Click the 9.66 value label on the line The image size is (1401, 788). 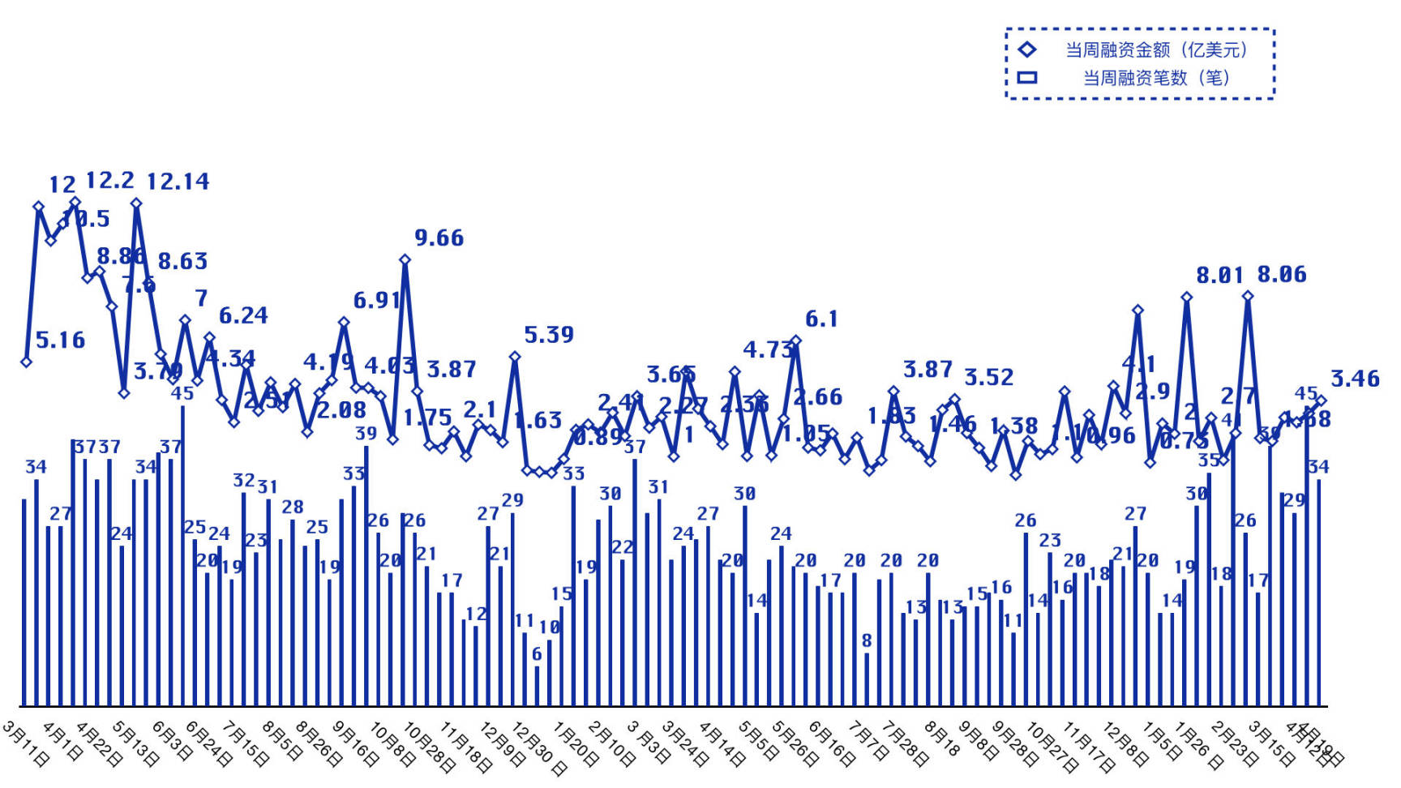[439, 238]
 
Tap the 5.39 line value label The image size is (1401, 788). [548, 335]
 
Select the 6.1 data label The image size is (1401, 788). [820, 319]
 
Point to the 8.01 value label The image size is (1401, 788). [1219, 276]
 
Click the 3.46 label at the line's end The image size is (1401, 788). [1354, 379]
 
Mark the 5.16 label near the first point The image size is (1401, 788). [60, 340]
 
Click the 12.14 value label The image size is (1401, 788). [178, 182]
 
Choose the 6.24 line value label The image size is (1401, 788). [243, 316]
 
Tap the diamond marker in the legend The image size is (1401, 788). [1027, 49]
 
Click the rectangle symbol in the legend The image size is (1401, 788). [1027, 78]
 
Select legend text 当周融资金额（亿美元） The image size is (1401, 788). [1155, 50]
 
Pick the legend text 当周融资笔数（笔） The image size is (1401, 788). [1155, 78]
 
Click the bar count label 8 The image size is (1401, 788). [867, 641]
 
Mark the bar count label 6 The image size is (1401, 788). [537, 655]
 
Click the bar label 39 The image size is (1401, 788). [366, 434]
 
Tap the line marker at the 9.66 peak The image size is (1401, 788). [405, 260]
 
